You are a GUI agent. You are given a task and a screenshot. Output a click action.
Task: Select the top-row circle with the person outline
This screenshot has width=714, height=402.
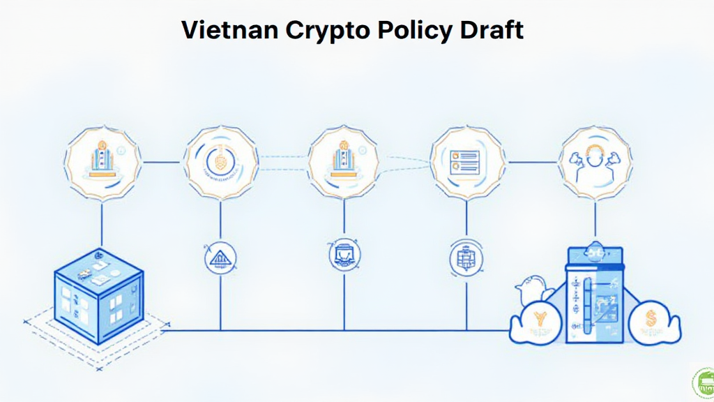click(596, 163)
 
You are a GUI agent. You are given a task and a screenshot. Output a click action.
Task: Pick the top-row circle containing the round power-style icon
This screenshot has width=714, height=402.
click(221, 163)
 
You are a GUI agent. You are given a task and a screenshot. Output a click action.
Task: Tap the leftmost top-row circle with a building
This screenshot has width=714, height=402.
click(102, 163)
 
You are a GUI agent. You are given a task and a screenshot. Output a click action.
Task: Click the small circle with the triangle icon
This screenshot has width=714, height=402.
click(220, 257)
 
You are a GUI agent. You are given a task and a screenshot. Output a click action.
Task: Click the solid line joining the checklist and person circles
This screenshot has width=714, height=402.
click(533, 163)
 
